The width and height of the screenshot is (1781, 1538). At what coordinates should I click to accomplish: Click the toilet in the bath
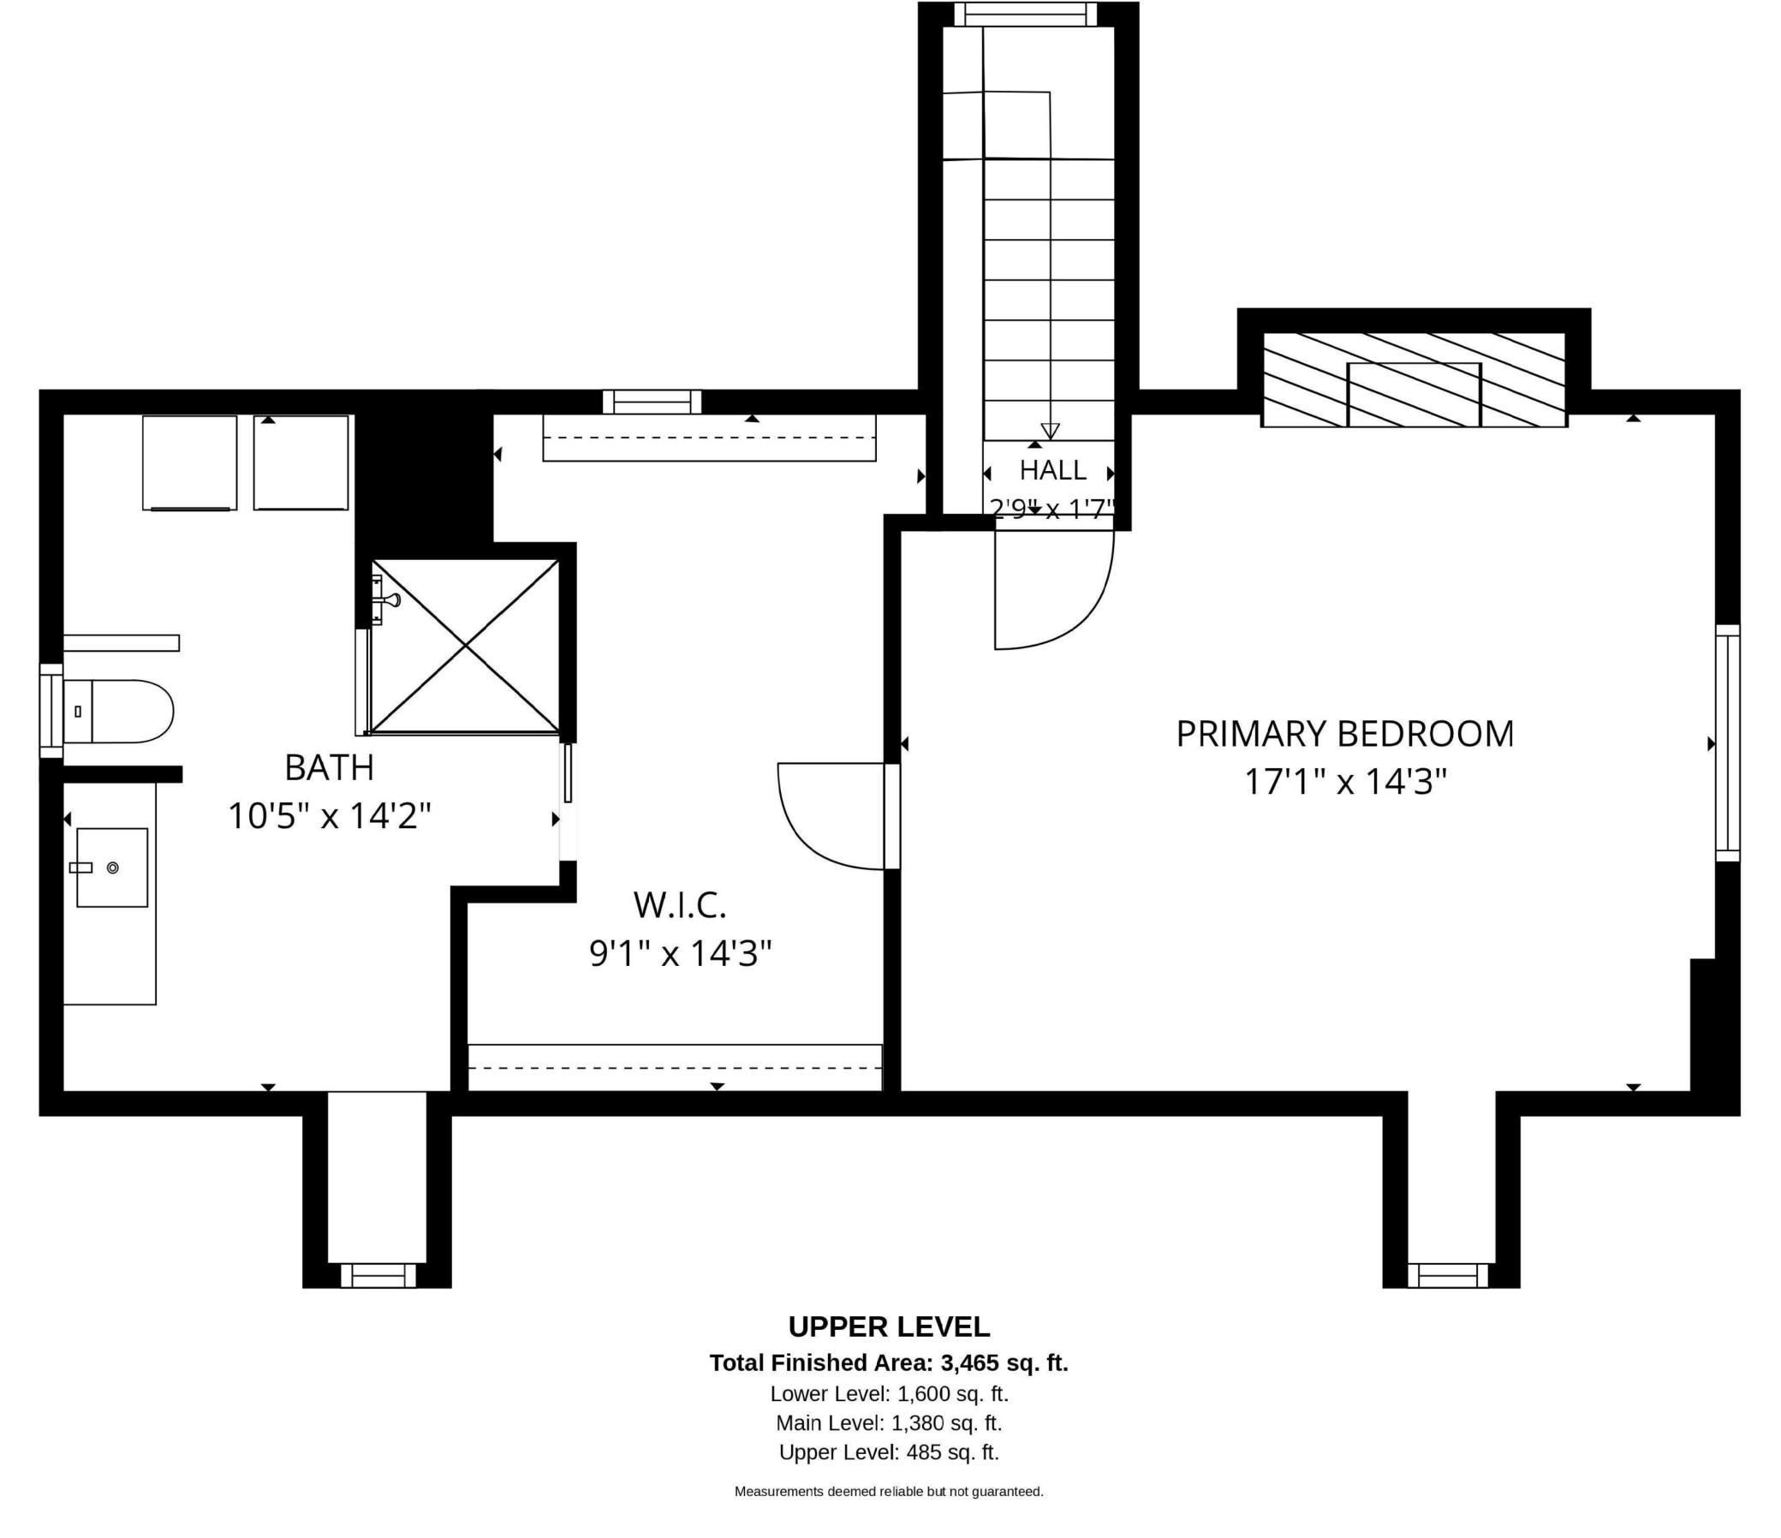tap(119, 711)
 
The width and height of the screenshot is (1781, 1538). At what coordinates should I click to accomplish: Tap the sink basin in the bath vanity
tap(112, 867)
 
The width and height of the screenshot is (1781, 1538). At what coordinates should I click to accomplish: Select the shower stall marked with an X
tap(465, 646)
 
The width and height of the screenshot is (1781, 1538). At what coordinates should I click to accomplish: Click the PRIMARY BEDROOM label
tap(1344, 734)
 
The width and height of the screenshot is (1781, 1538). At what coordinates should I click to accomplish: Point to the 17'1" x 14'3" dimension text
tap(1346, 783)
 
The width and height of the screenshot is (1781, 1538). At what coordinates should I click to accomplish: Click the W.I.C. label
tap(680, 904)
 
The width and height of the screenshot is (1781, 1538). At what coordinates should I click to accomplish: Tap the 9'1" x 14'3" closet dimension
tap(680, 952)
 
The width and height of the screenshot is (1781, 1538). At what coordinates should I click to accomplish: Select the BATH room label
tap(329, 767)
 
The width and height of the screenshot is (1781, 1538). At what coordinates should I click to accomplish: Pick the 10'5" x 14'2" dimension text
tap(329, 815)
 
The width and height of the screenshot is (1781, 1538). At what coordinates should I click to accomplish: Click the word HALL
tap(1053, 470)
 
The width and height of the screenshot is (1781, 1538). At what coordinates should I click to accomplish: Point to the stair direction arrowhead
tap(1050, 431)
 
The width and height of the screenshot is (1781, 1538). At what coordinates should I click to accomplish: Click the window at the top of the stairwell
tap(1027, 15)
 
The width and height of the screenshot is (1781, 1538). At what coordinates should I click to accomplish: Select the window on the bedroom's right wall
tap(1728, 742)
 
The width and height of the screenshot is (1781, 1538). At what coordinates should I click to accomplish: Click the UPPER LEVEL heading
tap(889, 1326)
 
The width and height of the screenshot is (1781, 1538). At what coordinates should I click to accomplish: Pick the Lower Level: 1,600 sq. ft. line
tap(889, 1393)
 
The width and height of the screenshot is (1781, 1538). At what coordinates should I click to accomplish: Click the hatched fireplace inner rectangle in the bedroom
tap(1414, 395)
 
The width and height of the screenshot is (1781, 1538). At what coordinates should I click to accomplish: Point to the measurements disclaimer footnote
tap(889, 1492)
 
